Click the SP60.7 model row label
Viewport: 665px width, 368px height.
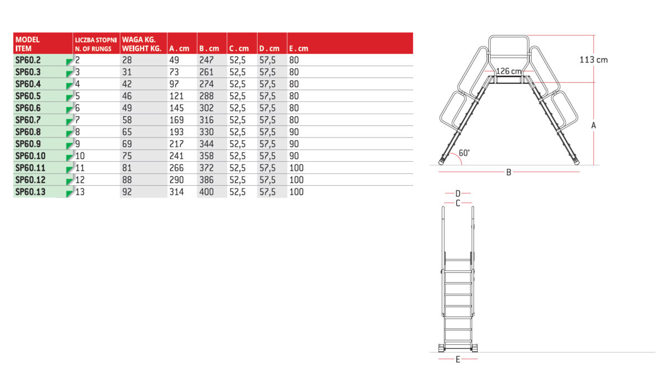point(28,120)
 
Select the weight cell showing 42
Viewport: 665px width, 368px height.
point(127,84)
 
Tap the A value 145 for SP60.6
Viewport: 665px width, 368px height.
point(177,108)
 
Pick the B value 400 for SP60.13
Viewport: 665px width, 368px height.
point(207,192)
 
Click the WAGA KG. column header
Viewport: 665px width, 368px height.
point(139,39)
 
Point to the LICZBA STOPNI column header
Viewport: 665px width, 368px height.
point(96,40)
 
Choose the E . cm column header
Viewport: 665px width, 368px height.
point(299,48)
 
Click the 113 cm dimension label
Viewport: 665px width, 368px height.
point(594,60)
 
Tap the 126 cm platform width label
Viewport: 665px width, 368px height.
point(509,71)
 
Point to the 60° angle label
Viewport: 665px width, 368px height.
point(464,153)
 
